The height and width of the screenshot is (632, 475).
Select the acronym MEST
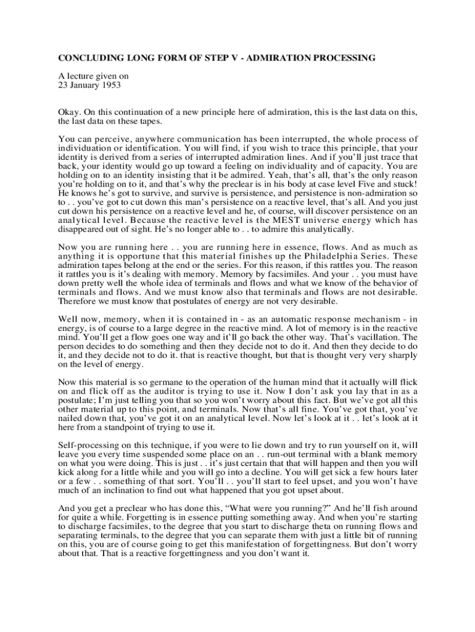(x=257, y=221)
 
